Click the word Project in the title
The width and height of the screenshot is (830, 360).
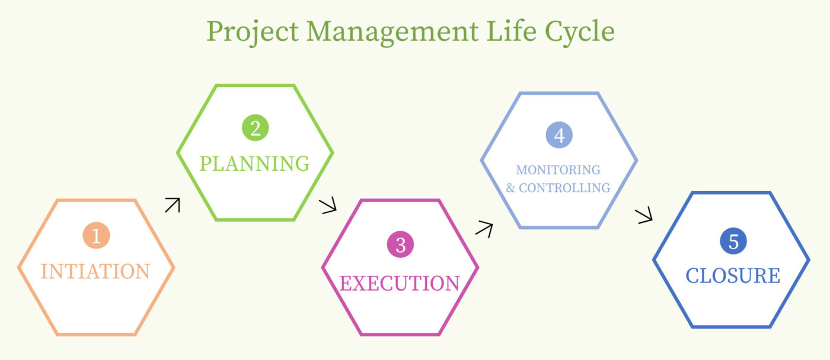click(x=253, y=33)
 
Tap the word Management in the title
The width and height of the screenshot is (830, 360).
click(x=392, y=33)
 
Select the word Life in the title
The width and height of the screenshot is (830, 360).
click(x=511, y=30)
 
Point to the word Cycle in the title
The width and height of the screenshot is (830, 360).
click(x=580, y=33)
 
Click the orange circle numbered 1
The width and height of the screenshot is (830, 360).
click(x=96, y=235)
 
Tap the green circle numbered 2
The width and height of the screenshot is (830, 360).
click(x=256, y=128)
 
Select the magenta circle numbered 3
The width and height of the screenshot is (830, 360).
click(x=400, y=244)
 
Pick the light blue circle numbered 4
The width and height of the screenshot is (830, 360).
click(x=559, y=135)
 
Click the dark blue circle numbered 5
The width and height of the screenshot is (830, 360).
click(x=733, y=241)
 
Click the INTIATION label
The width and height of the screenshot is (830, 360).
click(x=95, y=272)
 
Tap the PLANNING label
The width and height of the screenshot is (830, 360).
click(x=254, y=164)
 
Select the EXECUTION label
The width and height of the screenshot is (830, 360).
click(x=400, y=283)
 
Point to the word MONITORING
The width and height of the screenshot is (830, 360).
click(x=558, y=170)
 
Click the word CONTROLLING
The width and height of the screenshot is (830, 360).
click(x=564, y=188)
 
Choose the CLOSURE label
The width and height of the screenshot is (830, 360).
click(x=733, y=276)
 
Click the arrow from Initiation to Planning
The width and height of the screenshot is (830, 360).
click(x=173, y=205)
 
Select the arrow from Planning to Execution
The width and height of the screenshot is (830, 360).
click(x=328, y=205)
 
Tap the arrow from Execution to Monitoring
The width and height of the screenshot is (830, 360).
click(x=484, y=229)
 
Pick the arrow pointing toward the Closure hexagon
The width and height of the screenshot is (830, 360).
click(x=644, y=216)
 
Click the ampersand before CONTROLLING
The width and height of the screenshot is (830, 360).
click(x=510, y=188)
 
